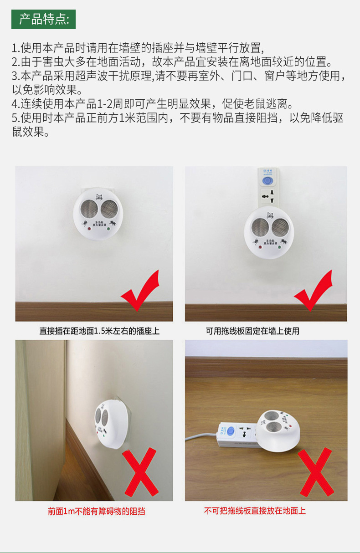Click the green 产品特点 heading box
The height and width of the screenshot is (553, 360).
point(44,19)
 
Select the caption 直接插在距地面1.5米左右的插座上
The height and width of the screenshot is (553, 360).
point(99,331)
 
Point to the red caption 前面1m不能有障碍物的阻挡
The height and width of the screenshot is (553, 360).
point(96,511)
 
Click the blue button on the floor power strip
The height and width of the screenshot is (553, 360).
point(231,430)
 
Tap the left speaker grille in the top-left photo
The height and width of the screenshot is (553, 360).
point(88,209)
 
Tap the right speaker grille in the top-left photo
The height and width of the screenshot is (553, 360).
point(109,209)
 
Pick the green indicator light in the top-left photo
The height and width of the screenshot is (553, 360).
point(108,229)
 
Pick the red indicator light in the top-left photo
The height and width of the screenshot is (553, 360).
point(88,229)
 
